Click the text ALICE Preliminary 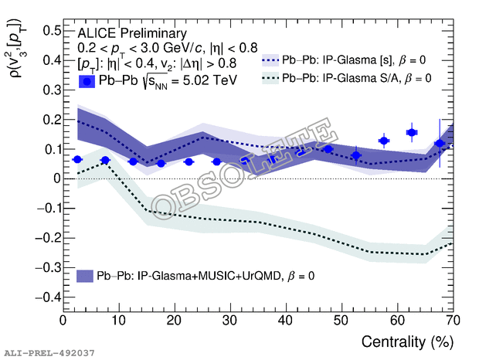tap(132, 33)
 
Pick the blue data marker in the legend tap(87, 80)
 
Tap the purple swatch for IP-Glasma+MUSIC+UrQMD tap(86, 275)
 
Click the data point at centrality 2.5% tap(77, 159)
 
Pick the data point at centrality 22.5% tap(189, 161)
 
